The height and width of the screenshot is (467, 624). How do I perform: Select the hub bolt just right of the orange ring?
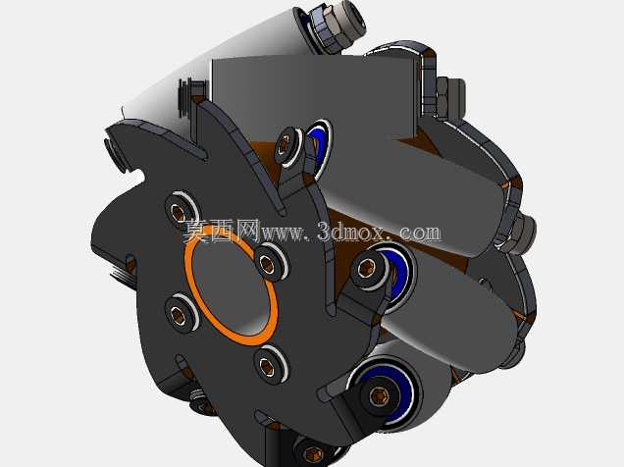click(268, 263)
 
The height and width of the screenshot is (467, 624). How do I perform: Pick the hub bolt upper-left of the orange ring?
click(180, 211)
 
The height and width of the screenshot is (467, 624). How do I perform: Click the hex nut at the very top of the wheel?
click(338, 25)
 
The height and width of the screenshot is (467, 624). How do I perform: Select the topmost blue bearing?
click(318, 144)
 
